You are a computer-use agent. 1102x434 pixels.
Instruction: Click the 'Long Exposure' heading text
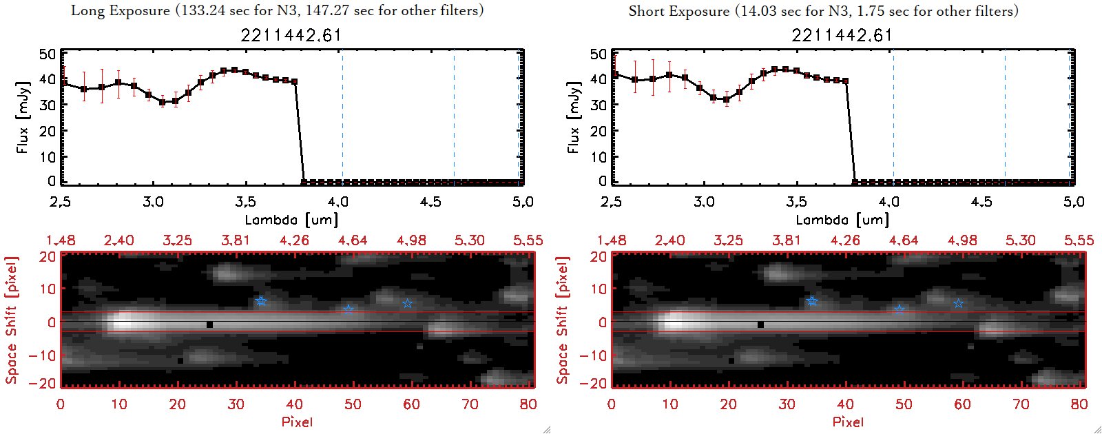pyautogui.click(x=121, y=10)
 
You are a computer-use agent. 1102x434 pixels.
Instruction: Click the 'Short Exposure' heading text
pyautogui.click(x=678, y=11)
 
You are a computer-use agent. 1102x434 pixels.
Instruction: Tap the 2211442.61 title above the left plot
pyautogui.click(x=291, y=35)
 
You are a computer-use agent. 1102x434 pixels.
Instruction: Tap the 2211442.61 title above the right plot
pyautogui.click(x=842, y=35)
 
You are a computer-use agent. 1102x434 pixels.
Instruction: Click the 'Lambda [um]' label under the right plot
pyautogui.click(x=842, y=220)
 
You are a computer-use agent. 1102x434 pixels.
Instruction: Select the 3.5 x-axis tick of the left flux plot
pyautogui.click(x=245, y=202)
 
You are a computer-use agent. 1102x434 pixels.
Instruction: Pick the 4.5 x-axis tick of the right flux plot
pyautogui.click(x=981, y=202)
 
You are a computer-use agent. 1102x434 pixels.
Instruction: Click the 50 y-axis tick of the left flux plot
pyautogui.click(x=48, y=54)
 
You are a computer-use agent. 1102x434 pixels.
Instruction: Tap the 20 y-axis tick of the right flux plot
pyautogui.click(x=599, y=131)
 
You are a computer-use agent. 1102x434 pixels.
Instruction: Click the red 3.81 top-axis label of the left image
pyautogui.click(x=236, y=240)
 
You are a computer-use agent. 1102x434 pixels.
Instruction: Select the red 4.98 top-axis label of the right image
pyautogui.click(x=962, y=240)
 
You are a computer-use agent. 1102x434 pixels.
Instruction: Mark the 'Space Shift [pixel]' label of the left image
pyautogui.click(x=12, y=320)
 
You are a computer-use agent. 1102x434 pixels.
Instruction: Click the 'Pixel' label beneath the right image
pyautogui.click(x=848, y=422)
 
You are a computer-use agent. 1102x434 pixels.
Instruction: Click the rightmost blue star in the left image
pyautogui.click(x=407, y=304)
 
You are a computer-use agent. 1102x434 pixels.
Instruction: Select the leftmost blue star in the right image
pyautogui.click(x=812, y=301)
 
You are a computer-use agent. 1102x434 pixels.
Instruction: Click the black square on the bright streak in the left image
pyautogui.click(x=209, y=324)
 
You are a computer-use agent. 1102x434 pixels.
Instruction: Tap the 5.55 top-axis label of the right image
pyautogui.click(x=1079, y=240)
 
